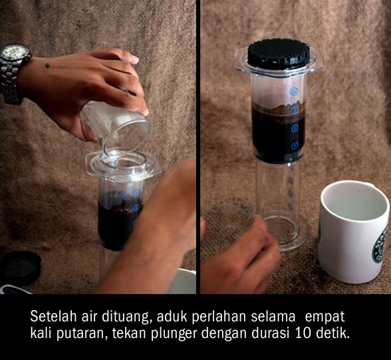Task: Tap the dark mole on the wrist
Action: tap(47, 65)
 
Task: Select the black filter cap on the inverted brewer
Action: tap(279, 54)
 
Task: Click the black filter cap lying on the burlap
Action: tap(21, 268)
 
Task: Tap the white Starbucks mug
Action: tap(354, 232)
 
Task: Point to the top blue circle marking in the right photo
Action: tap(294, 91)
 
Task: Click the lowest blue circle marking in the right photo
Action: tap(295, 146)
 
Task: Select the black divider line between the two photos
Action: tap(198, 147)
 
